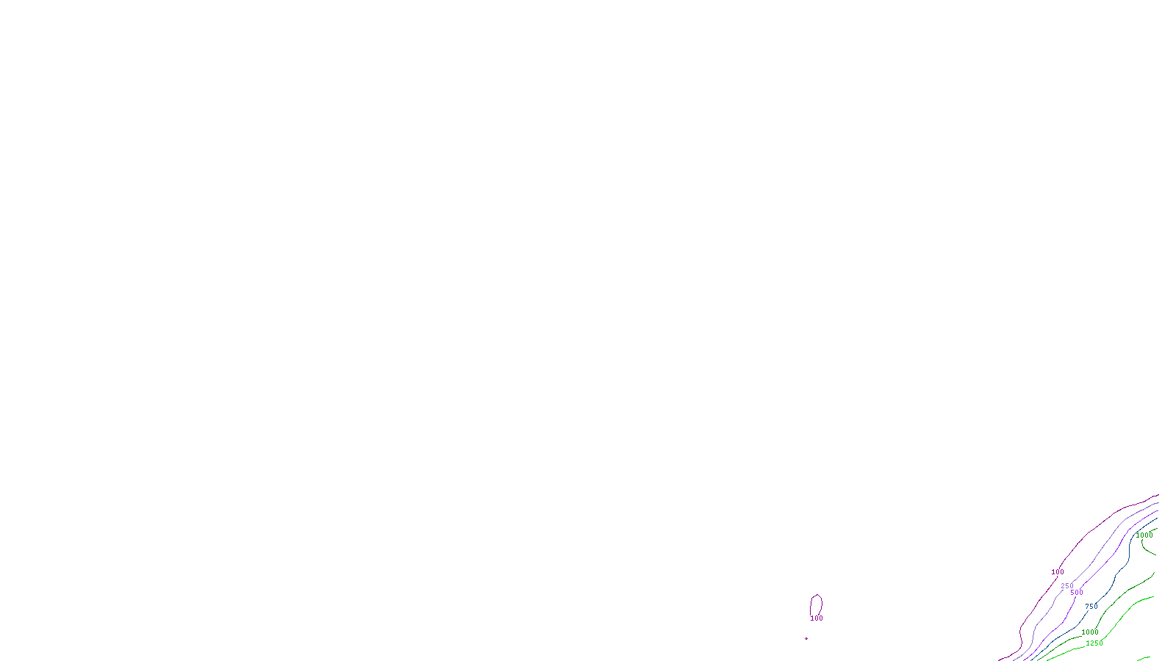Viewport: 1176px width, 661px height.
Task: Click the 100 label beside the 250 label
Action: tap(1058, 572)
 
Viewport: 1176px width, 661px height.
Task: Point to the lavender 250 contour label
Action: tap(1067, 586)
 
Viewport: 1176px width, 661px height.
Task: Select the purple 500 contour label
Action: tap(1077, 593)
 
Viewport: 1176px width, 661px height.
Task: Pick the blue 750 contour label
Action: tap(1091, 607)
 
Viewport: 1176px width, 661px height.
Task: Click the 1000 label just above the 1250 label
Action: tap(1090, 632)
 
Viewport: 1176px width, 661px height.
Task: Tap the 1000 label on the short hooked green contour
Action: tap(1144, 535)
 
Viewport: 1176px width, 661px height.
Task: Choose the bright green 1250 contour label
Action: tap(1094, 643)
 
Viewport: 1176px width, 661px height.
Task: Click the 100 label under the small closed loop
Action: tap(817, 618)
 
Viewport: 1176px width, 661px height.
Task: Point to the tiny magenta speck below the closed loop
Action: tap(806, 638)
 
